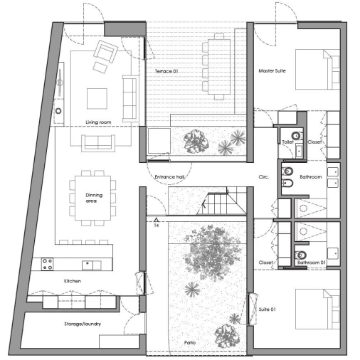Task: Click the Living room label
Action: tap(98, 122)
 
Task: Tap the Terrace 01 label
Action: tap(166, 71)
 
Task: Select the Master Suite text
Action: tap(272, 70)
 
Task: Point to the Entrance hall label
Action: tap(169, 176)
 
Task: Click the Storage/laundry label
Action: tap(83, 324)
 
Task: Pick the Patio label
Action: tap(190, 342)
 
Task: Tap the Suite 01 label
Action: tap(267, 309)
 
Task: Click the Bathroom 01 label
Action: tap(312, 263)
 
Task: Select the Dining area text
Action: tap(94, 198)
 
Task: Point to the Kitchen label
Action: tap(73, 281)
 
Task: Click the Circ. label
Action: tap(264, 176)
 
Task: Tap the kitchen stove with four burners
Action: tap(47, 264)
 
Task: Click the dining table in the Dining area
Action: tap(92, 198)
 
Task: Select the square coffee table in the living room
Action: tap(97, 98)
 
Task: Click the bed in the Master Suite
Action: tap(317, 69)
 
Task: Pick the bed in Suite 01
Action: tap(317, 309)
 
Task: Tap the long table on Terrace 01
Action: tap(219, 67)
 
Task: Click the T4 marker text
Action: tap(157, 226)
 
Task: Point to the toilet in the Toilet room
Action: tap(297, 136)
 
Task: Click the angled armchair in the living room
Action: tap(105, 51)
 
